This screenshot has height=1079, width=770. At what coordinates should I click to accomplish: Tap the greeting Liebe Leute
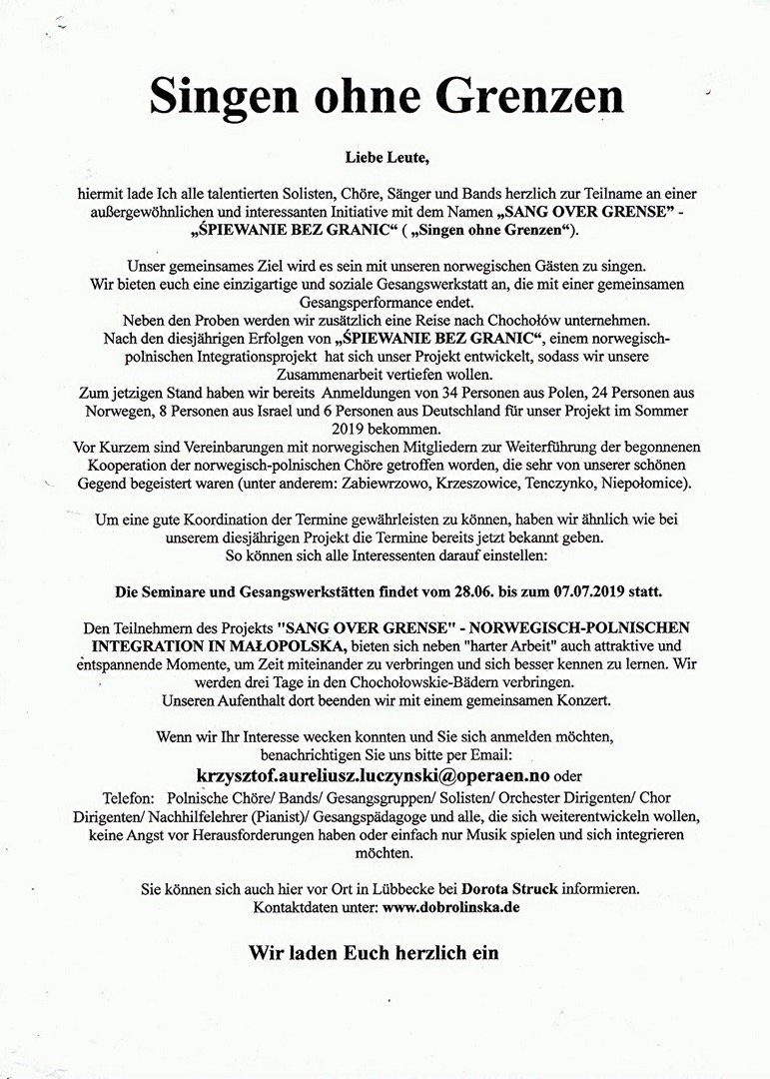[x=385, y=159]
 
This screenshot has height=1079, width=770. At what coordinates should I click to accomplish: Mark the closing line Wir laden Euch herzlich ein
[x=374, y=952]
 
